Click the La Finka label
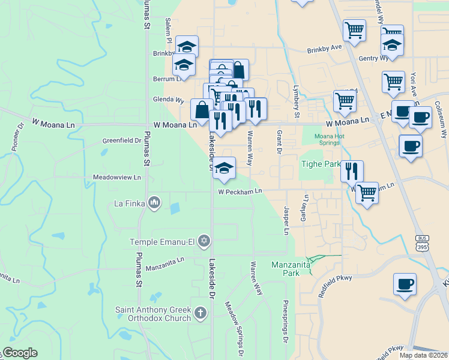pyautogui.click(x=130, y=203)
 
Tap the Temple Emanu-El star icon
pyautogui.click(x=203, y=241)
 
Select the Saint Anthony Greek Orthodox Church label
pyautogui.click(x=153, y=314)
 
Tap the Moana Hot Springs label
pyautogui.click(x=330, y=140)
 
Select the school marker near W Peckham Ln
pyautogui.click(x=224, y=169)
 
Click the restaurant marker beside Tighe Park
pyautogui.click(x=352, y=171)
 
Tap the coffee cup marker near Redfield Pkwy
pyautogui.click(x=405, y=284)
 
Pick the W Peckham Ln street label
pyautogui.click(x=240, y=192)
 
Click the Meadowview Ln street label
pyautogui.click(x=116, y=178)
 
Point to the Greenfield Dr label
pyautogui.click(x=121, y=141)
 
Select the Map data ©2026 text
pyautogui.click(x=423, y=355)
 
